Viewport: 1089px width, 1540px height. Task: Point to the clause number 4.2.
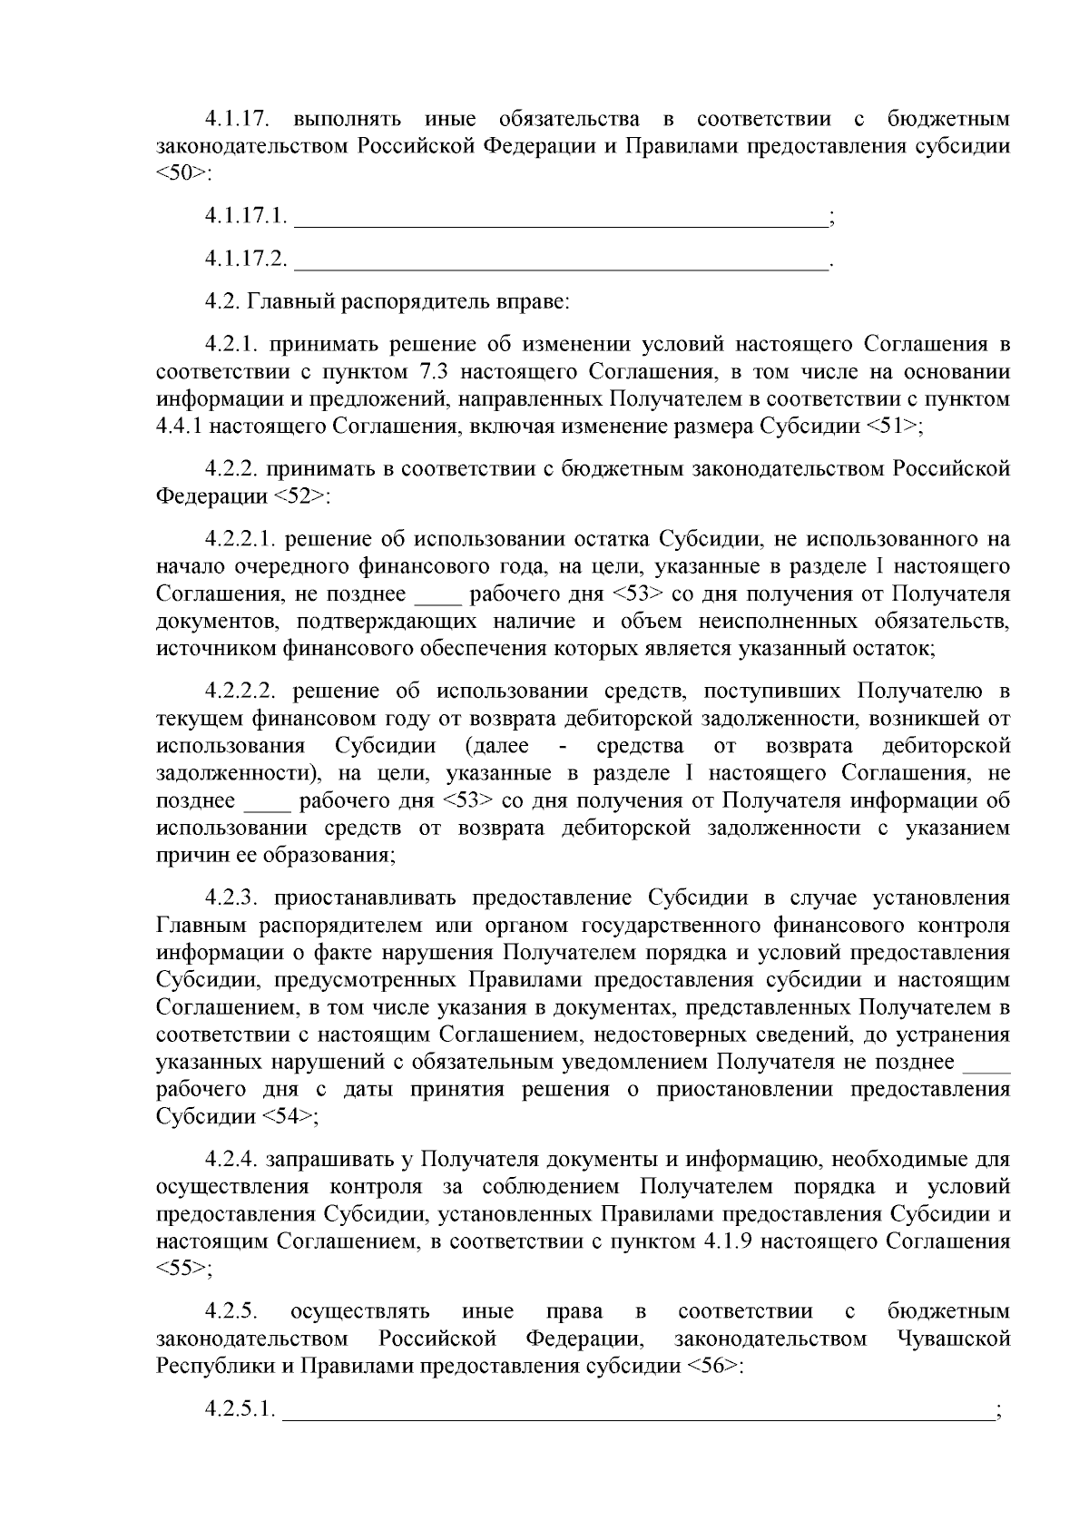point(221,300)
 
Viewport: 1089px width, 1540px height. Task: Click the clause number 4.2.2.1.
point(239,539)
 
